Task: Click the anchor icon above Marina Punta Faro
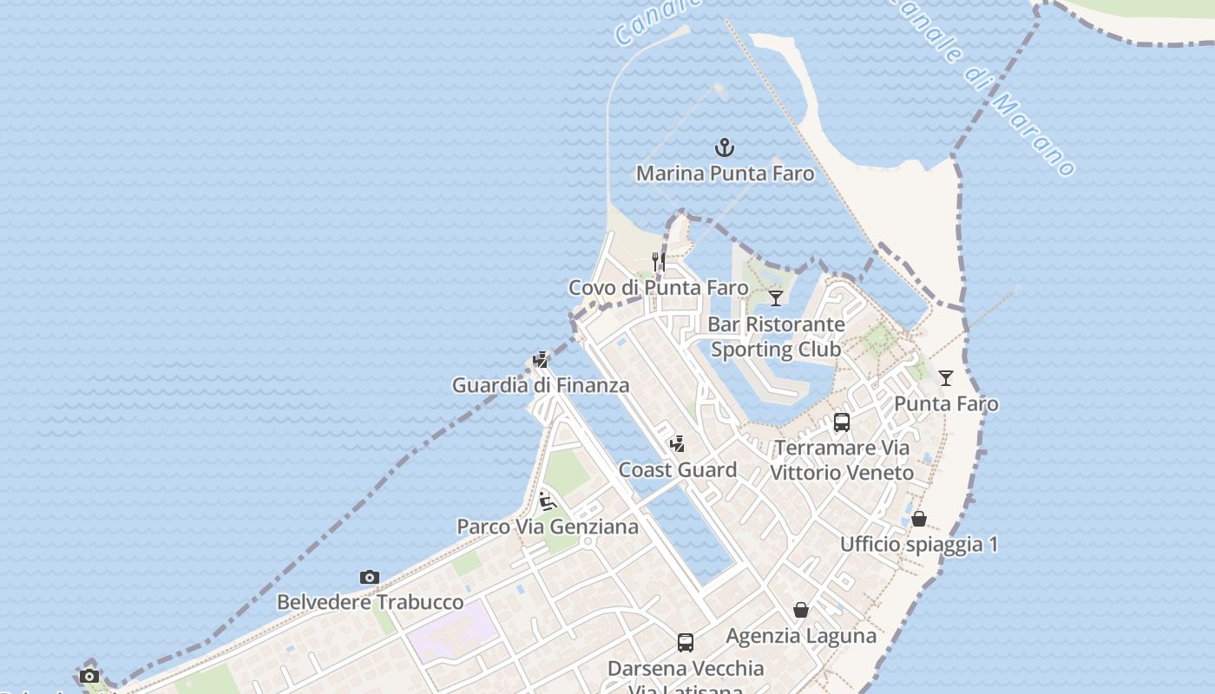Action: (725, 147)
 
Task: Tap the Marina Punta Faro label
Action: (726, 173)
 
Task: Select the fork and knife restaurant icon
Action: (659, 261)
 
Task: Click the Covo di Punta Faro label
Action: (658, 287)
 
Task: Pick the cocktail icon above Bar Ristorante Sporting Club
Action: (776, 298)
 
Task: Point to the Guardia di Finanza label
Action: (541, 385)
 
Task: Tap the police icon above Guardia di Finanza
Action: (541, 360)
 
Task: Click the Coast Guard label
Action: (678, 470)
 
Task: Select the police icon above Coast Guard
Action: (678, 444)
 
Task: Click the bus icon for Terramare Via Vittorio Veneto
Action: (842, 422)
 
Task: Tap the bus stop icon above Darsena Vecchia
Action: (686, 643)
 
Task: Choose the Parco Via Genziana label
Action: (548, 527)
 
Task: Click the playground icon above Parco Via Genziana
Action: (547, 501)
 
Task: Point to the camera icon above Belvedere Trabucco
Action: (370, 577)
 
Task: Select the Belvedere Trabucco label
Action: (370, 602)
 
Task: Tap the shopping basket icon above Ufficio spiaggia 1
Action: (919, 519)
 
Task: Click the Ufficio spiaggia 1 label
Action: (919, 545)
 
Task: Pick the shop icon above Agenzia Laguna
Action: (801, 611)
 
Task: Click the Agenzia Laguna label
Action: (801, 636)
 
